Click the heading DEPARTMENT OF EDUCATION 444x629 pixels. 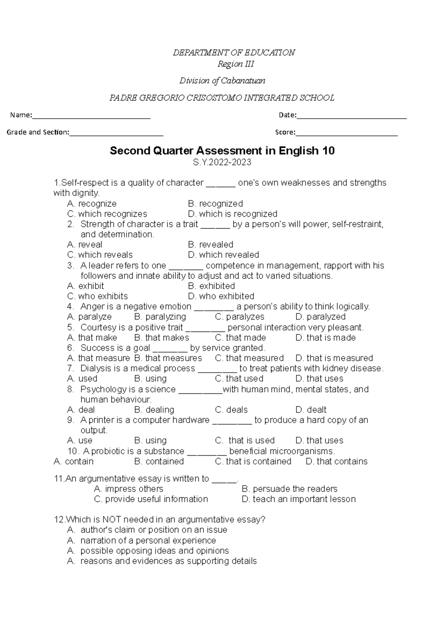pyautogui.click(x=234, y=53)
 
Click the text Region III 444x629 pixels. pyautogui.click(x=236, y=64)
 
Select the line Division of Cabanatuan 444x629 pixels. pyautogui.click(x=222, y=81)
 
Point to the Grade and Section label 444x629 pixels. pyautogui.click(x=38, y=132)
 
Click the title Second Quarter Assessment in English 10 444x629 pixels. pyautogui.click(x=222, y=151)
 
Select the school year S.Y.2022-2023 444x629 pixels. pyautogui.click(x=222, y=162)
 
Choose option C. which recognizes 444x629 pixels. pyautogui.click(x=107, y=214)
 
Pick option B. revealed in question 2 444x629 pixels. pyautogui.click(x=211, y=245)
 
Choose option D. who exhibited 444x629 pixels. pyautogui.click(x=221, y=296)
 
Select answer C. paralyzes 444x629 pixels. pyautogui.click(x=239, y=317)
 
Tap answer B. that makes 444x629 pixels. pyautogui.click(x=162, y=338)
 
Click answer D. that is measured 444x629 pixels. pyautogui.click(x=334, y=358)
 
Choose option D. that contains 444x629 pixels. pyautogui.click(x=336, y=462)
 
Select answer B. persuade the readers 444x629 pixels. pyautogui.click(x=289, y=489)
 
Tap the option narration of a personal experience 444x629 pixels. pyautogui.click(x=148, y=540)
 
